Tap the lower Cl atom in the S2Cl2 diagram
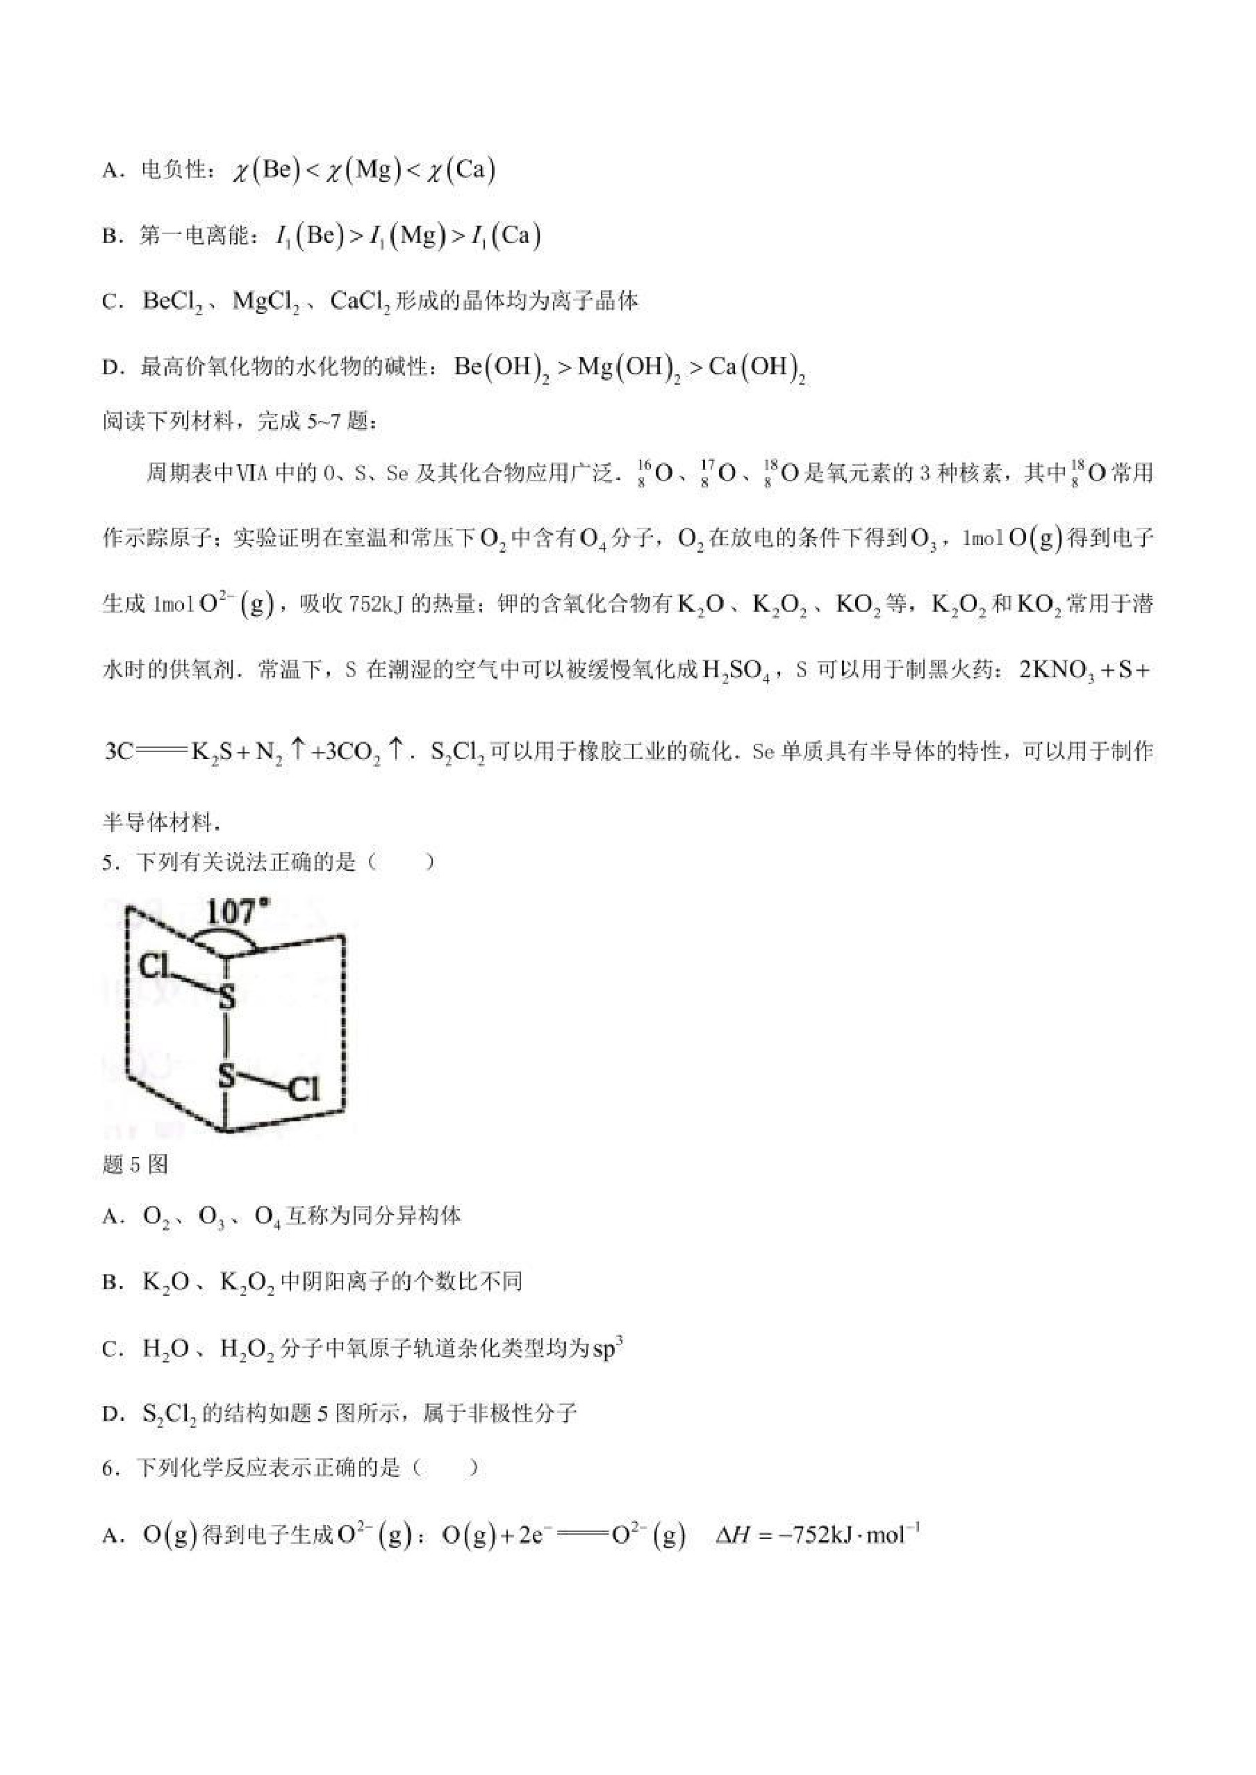(x=303, y=1090)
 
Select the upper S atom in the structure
(x=226, y=997)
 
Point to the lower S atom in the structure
(x=226, y=1074)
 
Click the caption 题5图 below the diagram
(x=135, y=1165)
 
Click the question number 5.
(x=109, y=862)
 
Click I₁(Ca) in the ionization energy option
(x=506, y=236)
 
